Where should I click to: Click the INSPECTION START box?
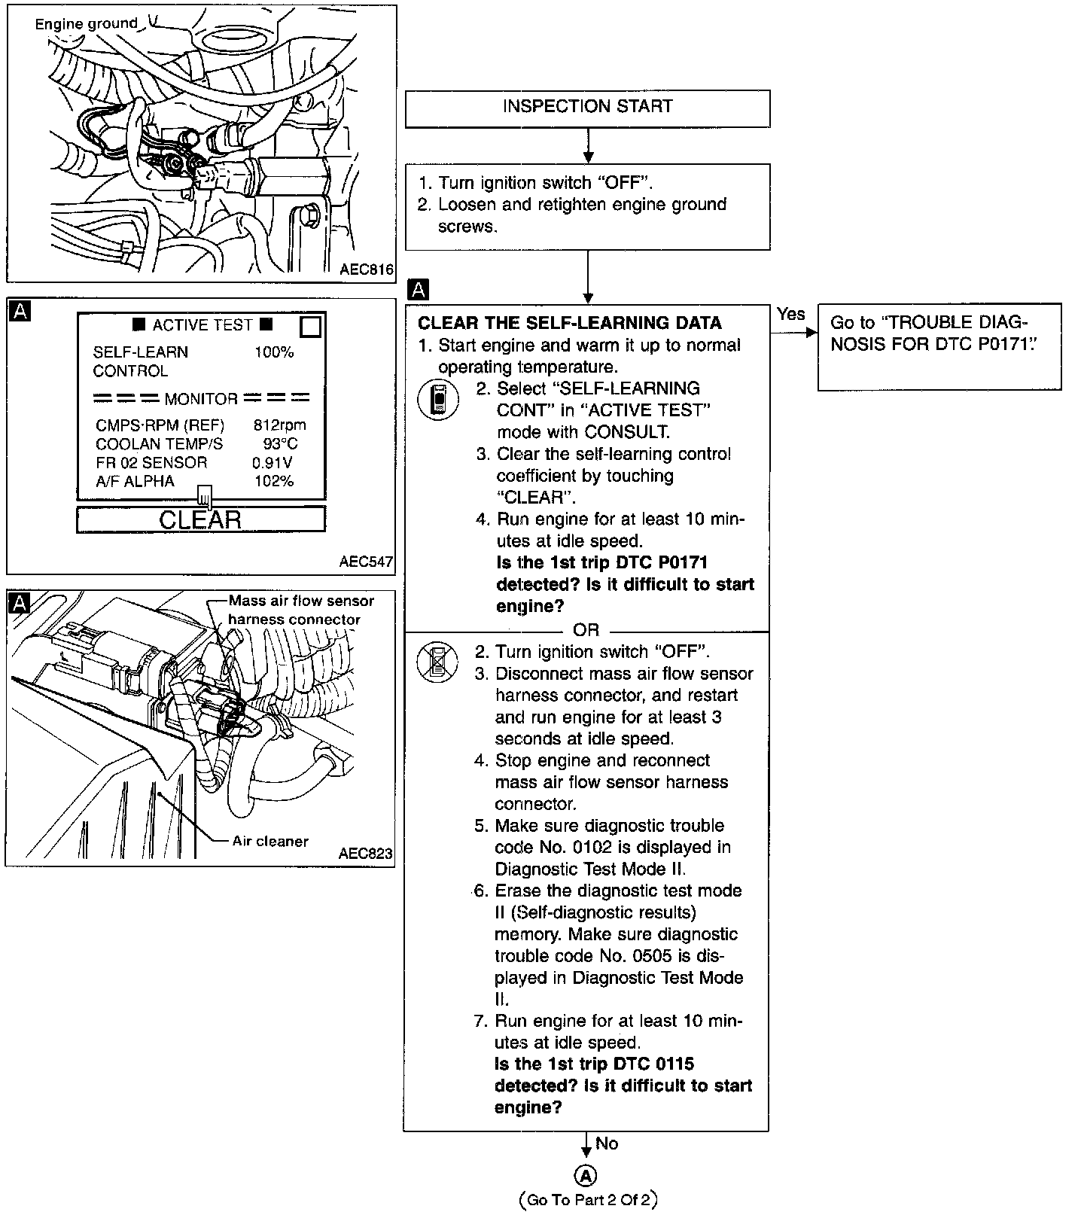[587, 108]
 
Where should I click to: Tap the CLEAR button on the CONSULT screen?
[201, 519]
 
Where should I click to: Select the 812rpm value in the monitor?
[280, 425]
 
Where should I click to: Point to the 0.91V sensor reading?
[273, 462]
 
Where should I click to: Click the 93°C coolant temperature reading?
[280, 443]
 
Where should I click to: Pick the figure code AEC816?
[367, 269]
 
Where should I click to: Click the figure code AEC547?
[367, 561]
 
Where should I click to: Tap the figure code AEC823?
[366, 853]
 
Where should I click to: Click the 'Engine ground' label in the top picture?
[87, 24]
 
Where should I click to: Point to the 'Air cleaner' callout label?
[270, 841]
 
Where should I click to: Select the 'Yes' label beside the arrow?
[791, 314]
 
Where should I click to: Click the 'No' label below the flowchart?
[607, 1143]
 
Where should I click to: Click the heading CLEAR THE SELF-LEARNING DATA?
[570, 323]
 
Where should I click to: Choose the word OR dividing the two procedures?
[586, 629]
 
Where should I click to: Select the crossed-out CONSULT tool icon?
[437, 662]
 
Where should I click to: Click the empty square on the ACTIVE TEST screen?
[311, 327]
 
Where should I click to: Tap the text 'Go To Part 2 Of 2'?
[588, 1200]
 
